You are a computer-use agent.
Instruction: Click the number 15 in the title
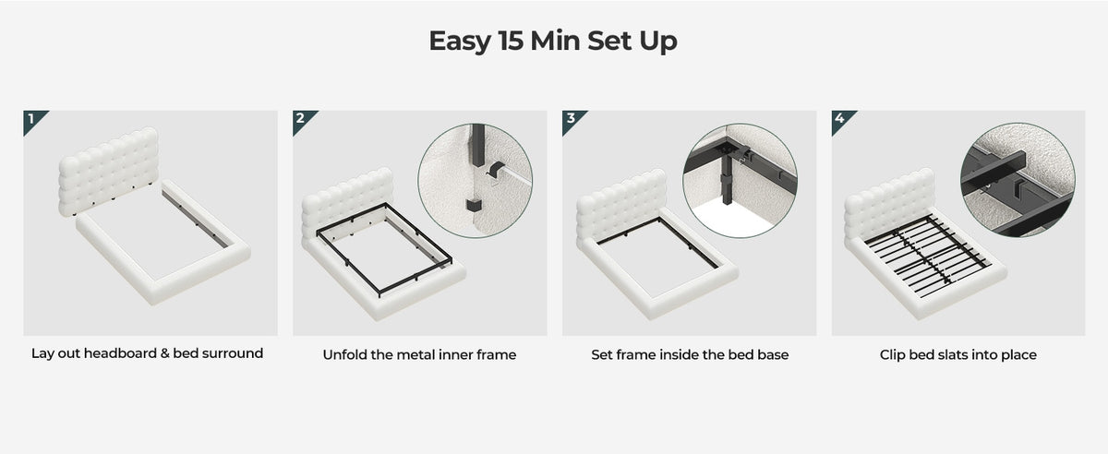point(510,41)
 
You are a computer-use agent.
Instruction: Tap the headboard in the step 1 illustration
point(109,171)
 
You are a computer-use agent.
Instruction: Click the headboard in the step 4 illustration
point(889,204)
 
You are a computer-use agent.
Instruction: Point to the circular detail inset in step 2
point(475,181)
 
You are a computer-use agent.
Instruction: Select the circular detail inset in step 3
point(740,181)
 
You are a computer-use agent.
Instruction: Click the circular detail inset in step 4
point(1018,180)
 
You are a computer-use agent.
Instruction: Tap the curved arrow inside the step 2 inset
point(495,170)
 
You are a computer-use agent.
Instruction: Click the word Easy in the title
point(460,42)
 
